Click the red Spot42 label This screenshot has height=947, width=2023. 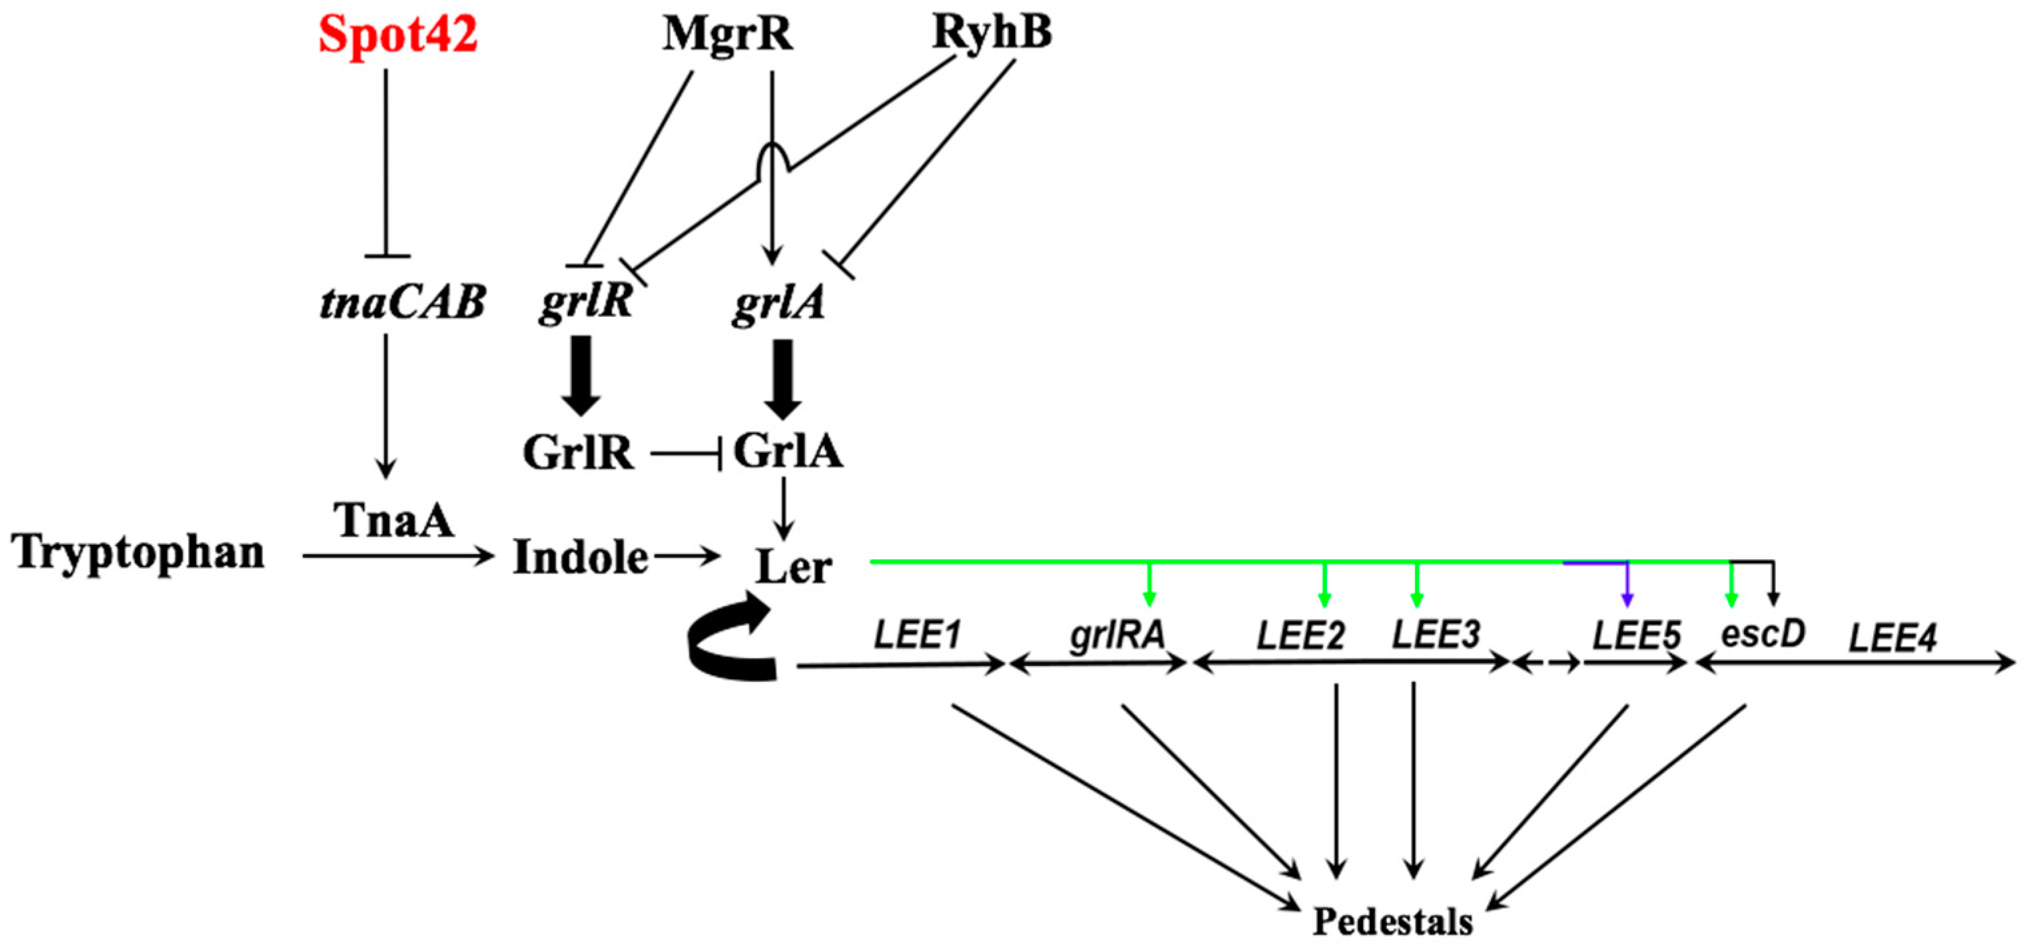point(398,35)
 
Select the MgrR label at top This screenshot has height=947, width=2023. point(727,35)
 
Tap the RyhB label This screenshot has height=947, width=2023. point(992,34)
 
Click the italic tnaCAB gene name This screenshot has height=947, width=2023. point(402,302)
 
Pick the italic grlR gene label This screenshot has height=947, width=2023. point(586,302)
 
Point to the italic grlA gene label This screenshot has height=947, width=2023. point(778,303)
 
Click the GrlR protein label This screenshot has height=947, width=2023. point(578,453)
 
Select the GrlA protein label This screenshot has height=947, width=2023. point(788,452)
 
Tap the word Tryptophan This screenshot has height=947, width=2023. point(139,552)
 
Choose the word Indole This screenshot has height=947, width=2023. point(581,558)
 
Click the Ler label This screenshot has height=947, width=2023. point(793,567)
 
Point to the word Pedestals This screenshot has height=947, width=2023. point(1392,921)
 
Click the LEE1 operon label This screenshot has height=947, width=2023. point(917,635)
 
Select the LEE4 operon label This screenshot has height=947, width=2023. point(1892,637)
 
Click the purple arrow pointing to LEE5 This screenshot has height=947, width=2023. point(1626,585)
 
